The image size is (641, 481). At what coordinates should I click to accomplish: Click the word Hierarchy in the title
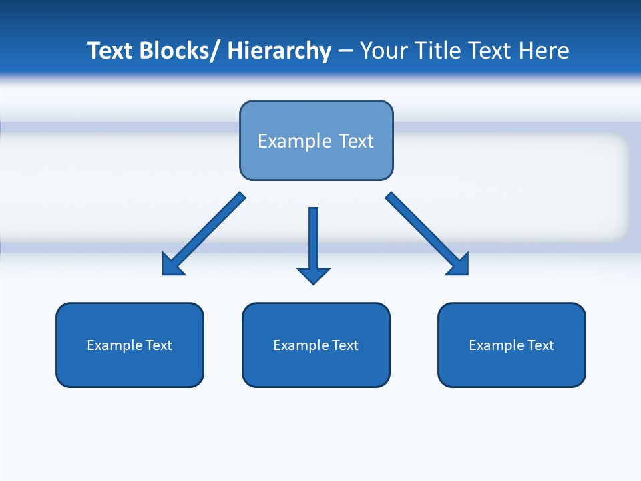point(279,51)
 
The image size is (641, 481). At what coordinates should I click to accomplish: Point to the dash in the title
point(345,51)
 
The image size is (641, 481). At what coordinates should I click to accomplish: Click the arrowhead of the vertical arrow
point(313,275)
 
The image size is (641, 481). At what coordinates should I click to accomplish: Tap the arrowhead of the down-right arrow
point(459,265)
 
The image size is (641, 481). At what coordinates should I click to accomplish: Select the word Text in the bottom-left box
point(160,345)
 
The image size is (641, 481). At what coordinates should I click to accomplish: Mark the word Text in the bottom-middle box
point(346,345)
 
